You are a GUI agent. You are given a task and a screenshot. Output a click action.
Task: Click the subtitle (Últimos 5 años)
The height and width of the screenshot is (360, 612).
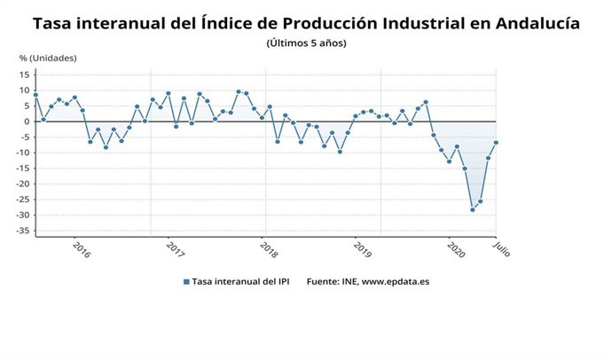coord(306,43)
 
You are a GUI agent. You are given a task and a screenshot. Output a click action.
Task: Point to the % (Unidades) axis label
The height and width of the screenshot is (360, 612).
coord(48,59)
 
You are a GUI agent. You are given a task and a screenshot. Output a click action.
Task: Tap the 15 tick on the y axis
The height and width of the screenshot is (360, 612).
coord(26,74)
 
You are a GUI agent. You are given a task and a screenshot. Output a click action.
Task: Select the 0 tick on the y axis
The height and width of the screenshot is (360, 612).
coord(28,121)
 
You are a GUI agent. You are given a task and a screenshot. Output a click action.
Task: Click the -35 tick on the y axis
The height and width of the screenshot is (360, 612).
coord(24,231)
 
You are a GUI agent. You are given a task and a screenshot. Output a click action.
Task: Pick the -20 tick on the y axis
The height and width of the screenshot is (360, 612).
coord(24,184)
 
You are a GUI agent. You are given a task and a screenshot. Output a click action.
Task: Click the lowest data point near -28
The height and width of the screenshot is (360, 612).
coord(473,209)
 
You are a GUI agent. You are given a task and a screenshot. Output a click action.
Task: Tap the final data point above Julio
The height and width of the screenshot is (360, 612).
coord(496,143)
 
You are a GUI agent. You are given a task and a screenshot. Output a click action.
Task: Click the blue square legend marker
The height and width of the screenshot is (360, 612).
coord(186,281)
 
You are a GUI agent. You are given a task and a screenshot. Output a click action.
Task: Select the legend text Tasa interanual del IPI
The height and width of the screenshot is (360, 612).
coord(242,281)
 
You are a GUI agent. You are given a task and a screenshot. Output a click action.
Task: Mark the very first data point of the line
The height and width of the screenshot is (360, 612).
coord(35,95)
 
